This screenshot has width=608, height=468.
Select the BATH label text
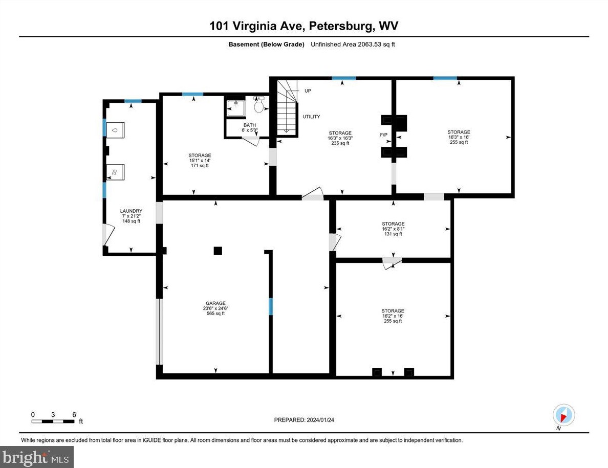[x=250, y=128]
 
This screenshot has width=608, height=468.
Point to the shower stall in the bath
[x=236, y=108]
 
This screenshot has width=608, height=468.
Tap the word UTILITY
[x=311, y=117]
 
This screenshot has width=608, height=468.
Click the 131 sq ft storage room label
[x=393, y=229]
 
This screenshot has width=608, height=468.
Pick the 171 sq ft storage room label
[x=200, y=160]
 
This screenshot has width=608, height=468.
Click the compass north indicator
[x=563, y=415]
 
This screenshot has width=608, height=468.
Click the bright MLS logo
[x=37, y=457]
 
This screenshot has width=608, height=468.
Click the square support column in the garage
[x=218, y=251]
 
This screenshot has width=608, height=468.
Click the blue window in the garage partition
[x=271, y=306]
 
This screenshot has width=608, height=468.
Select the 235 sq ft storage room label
[x=340, y=138]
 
